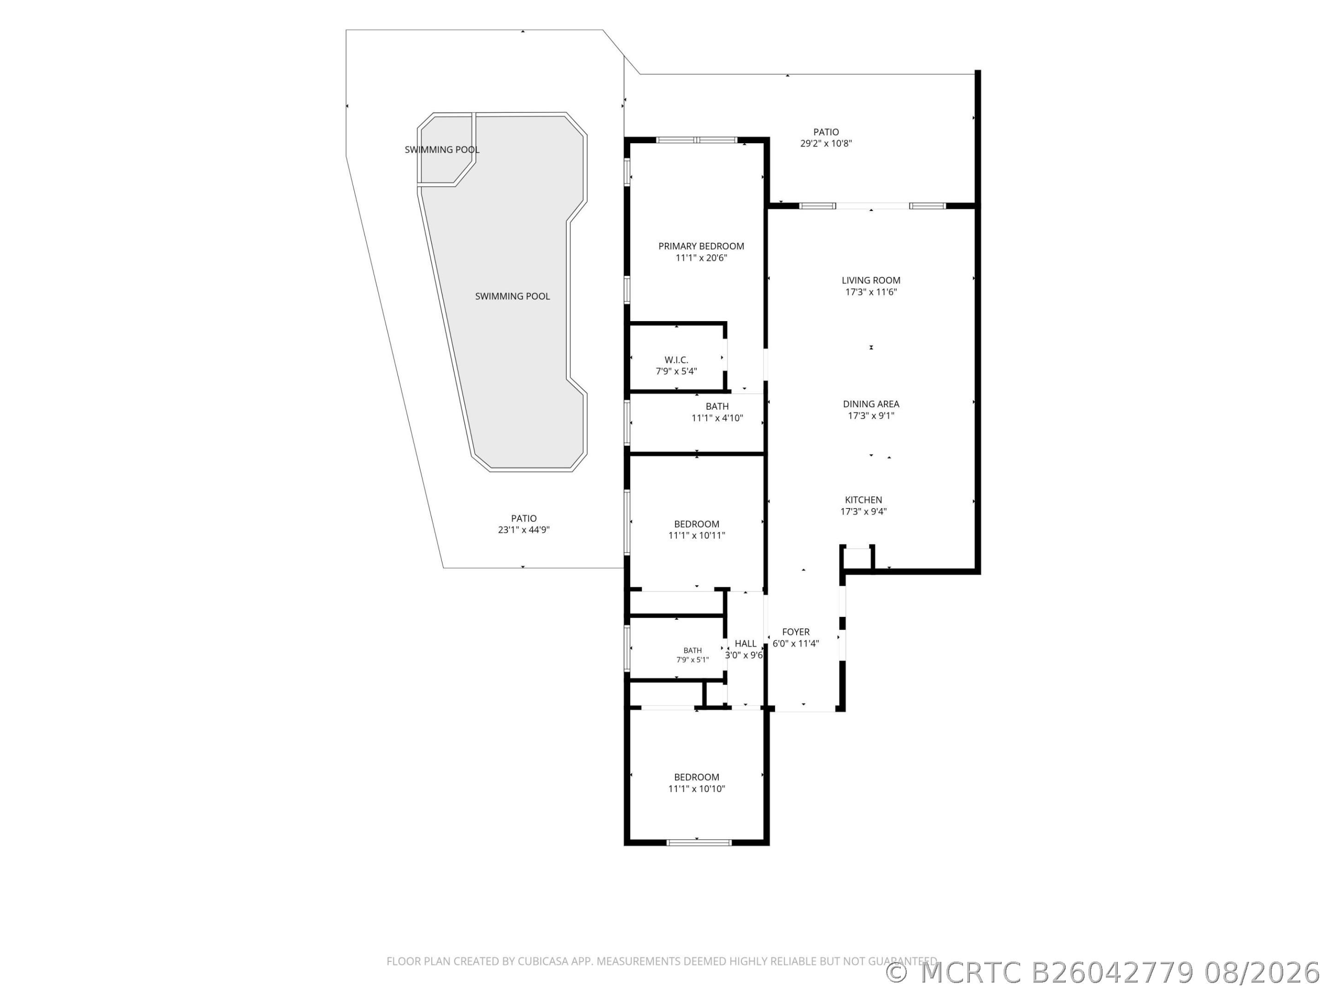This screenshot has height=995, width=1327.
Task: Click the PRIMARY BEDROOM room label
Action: [x=701, y=246]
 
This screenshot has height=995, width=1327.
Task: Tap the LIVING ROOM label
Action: [x=870, y=280]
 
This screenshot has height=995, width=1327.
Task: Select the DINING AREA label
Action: [x=870, y=404]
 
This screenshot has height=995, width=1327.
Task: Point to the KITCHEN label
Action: [x=863, y=500]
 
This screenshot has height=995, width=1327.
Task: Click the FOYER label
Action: [x=795, y=632]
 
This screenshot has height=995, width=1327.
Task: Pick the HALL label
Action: [x=745, y=644]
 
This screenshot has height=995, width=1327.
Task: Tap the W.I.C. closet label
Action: [x=676, y=360]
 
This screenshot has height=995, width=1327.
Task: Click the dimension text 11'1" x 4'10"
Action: [x=717, y=418]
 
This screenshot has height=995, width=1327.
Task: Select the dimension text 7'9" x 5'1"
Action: [x=692, y=660]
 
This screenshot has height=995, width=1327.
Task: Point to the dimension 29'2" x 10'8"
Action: [x=826, y=143]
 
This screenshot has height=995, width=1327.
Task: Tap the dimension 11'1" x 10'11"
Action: [x=697, y=536]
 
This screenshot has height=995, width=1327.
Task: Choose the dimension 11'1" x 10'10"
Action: [x=697, y=789]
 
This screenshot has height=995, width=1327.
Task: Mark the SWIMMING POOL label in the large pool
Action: [x=512, y=296]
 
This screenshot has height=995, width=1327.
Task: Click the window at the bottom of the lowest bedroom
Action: [x=699, y=843]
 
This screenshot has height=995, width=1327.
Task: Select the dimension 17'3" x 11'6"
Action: [x=870, y=292]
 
